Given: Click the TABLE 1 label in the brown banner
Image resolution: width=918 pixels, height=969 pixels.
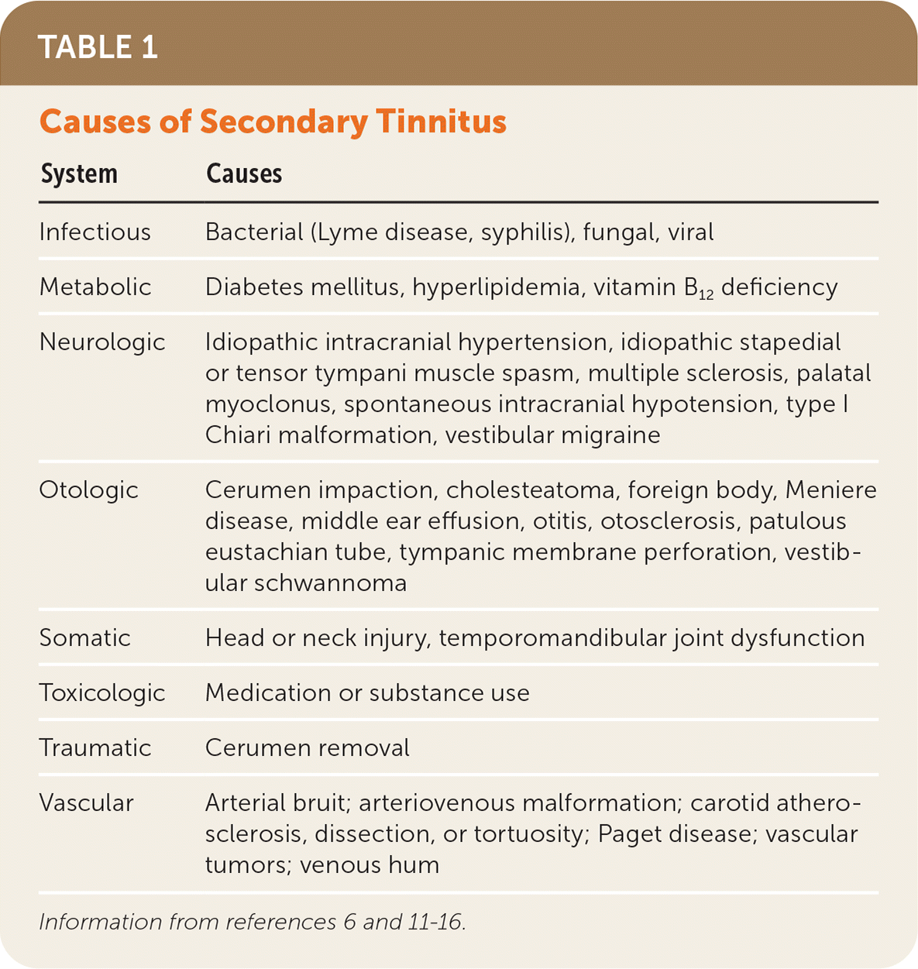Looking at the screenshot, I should tap(98, 48).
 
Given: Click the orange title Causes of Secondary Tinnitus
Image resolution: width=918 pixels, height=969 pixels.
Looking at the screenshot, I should tap(273, 122).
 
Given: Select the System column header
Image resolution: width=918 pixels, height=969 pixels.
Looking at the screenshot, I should tap(79, 174).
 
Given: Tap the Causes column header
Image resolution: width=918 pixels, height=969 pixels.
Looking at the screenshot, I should tap(244, 174).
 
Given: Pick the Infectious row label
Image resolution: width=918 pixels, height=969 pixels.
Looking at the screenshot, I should tap(95, 232).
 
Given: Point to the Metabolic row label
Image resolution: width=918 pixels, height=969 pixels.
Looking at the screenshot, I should tap(95, 287).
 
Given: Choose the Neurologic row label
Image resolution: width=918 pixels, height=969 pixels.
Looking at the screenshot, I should tap(102, 342).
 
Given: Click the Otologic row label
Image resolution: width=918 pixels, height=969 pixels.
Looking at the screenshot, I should tap(88, 490).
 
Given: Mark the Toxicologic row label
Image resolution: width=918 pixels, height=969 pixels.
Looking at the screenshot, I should tap(102, 692).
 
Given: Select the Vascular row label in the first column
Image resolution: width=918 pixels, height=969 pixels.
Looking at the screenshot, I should tap(86, 802).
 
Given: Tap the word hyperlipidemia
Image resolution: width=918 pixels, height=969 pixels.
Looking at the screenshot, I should tap(496, 287).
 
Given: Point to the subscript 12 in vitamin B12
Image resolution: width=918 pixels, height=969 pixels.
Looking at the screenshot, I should tap(706, 295).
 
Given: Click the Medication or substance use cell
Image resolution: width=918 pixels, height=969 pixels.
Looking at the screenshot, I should tap(367, 692).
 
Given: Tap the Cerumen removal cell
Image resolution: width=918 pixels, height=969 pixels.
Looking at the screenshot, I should tap(308, 747).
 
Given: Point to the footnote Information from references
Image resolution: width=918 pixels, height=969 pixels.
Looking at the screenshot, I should tap(252, 922).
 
